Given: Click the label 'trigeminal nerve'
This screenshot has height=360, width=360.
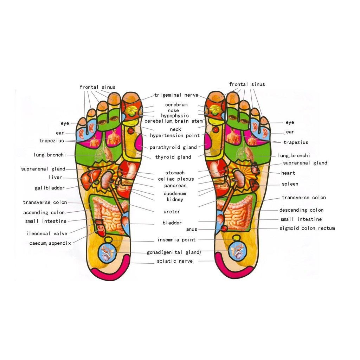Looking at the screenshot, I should [176, 95].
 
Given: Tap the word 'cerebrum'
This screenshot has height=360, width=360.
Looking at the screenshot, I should [176, 105].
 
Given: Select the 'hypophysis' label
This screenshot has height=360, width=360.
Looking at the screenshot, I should [175, 116].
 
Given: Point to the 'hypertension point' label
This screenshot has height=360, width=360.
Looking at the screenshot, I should [175, 136].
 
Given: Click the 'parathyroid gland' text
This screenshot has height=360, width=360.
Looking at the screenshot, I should [173, 148].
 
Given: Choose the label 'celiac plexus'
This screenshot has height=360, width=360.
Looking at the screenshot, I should [176, 179].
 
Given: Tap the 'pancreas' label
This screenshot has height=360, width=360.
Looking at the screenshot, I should [175, 186].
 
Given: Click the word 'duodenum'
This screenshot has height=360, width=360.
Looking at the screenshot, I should [175, 194].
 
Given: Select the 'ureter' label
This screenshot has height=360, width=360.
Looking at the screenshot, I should [172, 212].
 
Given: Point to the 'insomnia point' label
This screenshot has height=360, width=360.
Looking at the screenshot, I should [176, 240].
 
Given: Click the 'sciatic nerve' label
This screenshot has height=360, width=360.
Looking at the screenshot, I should [175, 261].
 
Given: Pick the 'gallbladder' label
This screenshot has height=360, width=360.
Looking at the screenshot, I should [50, 188].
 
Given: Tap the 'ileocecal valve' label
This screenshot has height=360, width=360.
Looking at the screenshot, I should [47, 233].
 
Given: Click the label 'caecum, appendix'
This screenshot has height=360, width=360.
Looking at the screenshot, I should [50, 243].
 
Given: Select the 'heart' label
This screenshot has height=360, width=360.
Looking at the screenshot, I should [288, 173].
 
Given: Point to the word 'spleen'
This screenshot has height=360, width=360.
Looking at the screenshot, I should [290, 184].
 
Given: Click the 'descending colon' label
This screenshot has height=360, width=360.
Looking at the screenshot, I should [301, 210].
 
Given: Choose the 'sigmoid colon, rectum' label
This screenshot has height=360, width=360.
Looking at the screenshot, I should [307, 229].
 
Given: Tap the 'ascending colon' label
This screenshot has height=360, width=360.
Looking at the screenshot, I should [44, 213].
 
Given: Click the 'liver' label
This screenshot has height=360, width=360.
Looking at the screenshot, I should [55, 178].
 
